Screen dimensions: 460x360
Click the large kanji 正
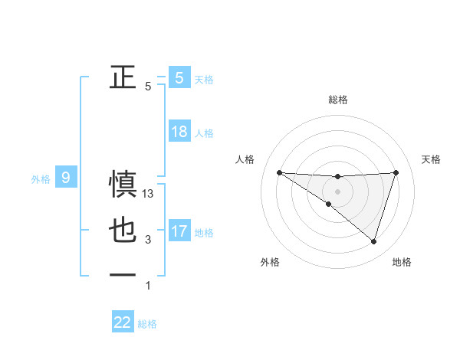click(x=123, y=77)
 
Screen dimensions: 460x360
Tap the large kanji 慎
click(x=123, y=185)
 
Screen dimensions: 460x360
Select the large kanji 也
click(x=123, y=231)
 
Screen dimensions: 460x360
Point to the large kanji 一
click(x=123, y=276)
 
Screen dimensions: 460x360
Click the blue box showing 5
click(x=179, y=77)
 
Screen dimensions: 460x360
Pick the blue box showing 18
click(x=179, y=132)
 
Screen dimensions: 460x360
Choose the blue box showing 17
click(x=179, y=231)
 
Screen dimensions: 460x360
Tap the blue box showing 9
click(x=66, y=178)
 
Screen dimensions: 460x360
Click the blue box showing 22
click(x=123, y=322)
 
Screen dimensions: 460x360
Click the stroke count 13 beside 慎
click(x=149, y=195)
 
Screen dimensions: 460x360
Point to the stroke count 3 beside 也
click(x=148, y=241)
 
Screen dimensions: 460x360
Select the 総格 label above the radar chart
click(x=338, y=100)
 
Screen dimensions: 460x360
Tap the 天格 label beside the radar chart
click(x=432, y=159)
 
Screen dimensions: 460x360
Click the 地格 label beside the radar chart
click(x=402, y=262)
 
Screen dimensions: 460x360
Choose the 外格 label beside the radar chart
click(x=270, y=262)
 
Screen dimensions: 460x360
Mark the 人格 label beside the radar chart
click(x=245, y=159)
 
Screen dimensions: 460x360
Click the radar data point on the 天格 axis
click(x=396, y=172)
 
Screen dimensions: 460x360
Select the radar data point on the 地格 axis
click(x=373, y=241)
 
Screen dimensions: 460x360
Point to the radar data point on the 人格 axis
click(x=279, y=172)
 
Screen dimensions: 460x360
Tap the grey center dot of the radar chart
click(x=337, y=191)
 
